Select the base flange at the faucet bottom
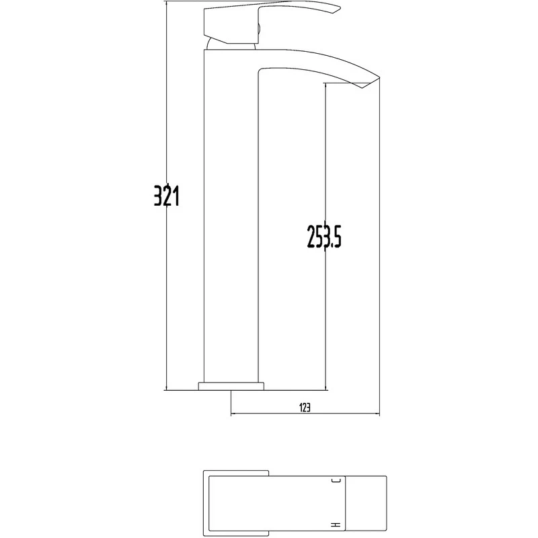point(230,386)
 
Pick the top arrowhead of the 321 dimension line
point(166,4)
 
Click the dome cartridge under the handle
point(232,44)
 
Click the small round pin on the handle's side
point(258,28)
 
